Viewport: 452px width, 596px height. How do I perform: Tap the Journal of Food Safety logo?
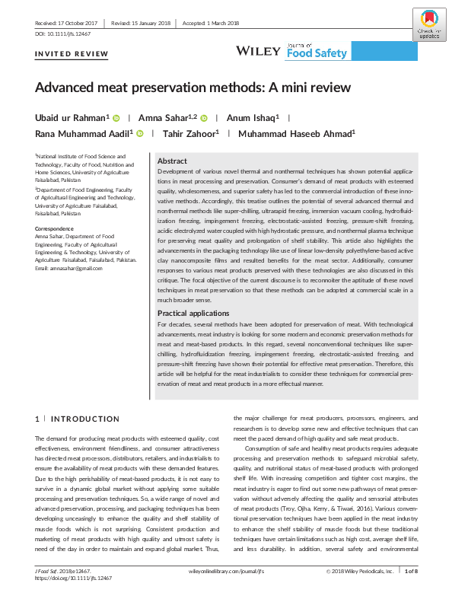pyautogui.click(x=317, y=51)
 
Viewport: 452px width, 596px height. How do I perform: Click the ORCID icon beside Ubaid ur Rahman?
pyautogui.click(x=116, y=118)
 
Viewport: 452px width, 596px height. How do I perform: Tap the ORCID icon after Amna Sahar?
pyautogui.click(x=204, y=118)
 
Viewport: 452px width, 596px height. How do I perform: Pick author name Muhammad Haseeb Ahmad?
pyautogui.click(x=298, y=134)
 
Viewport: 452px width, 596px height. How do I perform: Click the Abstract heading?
pyautogui.click(x=172, y=161)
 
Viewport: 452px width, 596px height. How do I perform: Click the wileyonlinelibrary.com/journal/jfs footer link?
pyautogui.click(x=225, y=569)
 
